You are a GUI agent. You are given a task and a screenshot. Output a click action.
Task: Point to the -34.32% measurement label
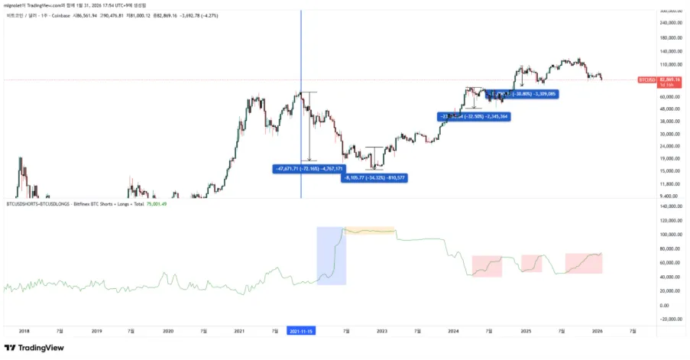374,177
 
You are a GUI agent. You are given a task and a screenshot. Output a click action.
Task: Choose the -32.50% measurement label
475,116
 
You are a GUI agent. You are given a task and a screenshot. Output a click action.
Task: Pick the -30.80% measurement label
521,94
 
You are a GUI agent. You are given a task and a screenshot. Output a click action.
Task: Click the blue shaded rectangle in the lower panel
331,256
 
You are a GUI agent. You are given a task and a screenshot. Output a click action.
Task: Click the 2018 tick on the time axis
24,331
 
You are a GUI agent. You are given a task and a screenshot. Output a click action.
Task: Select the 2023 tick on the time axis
382,331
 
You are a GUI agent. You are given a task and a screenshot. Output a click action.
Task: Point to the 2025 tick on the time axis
526,331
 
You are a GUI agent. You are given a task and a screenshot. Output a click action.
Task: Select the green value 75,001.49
156,203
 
